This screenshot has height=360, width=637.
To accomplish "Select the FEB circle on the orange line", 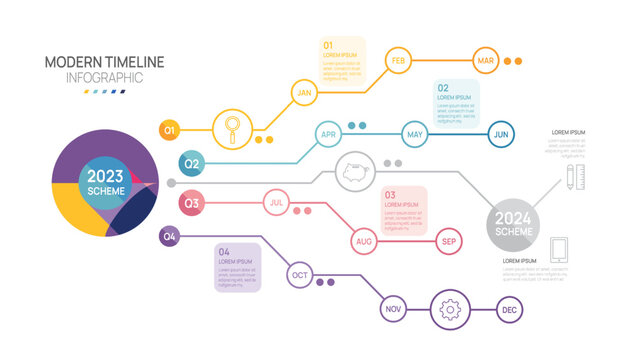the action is [x=398, y=61].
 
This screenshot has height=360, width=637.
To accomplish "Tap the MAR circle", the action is [x=486, y=61].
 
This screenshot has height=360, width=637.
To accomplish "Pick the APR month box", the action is [x=329, y=133].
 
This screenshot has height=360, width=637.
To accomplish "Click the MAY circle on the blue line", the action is [x=416, y=133].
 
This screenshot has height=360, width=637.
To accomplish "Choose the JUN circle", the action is [x=502, y=133].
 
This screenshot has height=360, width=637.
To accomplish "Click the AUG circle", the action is [x=364, y=241].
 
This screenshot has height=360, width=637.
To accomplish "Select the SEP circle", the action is [x=450, y=241].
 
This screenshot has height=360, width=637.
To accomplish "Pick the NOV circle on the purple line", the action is [x=394, y=311].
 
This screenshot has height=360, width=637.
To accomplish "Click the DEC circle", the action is [x=509, y=311].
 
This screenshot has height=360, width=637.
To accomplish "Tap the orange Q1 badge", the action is [x=170, y=129].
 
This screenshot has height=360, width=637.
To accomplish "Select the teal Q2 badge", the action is [x=191, y=163].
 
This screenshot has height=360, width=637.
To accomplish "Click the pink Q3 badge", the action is [x=191, y=204].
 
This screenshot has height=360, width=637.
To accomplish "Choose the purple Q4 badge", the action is [x=170, y=237].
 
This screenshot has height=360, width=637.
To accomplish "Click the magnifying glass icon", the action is [x=233, y=128].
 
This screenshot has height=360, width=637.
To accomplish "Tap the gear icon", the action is [x=450, y=310].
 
